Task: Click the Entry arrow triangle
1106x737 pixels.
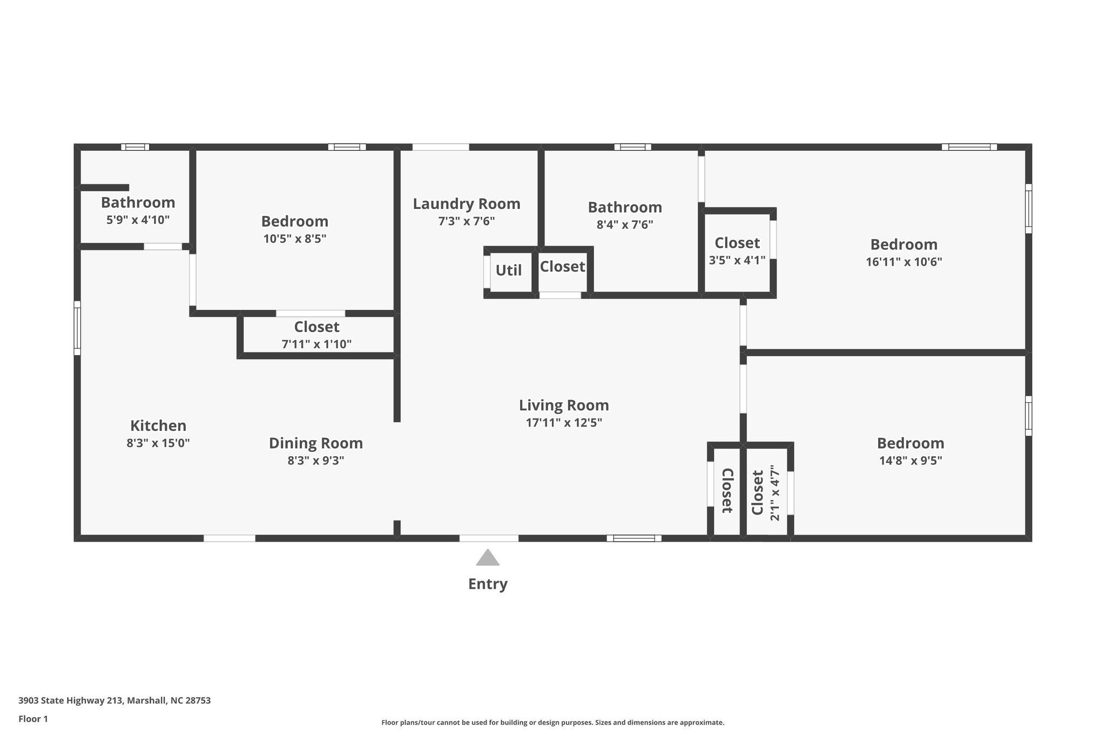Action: (x=488, y=558)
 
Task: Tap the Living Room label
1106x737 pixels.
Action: (x=564, y=405)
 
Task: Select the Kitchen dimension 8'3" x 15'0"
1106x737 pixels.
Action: (x=158, y=443)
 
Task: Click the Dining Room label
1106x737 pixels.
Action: (x=316, y=443)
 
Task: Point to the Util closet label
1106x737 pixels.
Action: (x=509, y=270)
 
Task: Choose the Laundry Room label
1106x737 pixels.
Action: (x=467, y=204)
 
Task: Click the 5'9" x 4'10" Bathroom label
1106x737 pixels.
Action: (x=138, y=202)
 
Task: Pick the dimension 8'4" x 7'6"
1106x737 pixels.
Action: (x=625, y=225)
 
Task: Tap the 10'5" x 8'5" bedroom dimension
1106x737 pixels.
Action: (x=295, y=239)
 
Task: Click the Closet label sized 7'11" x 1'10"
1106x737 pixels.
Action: (x=316, y=327)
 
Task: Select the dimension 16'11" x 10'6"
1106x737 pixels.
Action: (x=903, y=262)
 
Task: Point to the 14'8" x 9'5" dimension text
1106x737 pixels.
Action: (x=910, y=461)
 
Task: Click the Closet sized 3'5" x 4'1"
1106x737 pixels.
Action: (x=737, y=243)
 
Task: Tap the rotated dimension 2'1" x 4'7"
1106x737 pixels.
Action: (x=775, y=493)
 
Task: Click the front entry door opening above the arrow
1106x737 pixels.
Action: (x=489, y=538)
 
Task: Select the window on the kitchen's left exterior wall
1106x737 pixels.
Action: (x=77, y=328)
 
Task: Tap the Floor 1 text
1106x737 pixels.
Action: (x=33, y=719)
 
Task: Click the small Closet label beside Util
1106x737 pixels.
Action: (x=562, y=266)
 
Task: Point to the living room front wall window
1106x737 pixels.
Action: (x=633, y=538)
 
